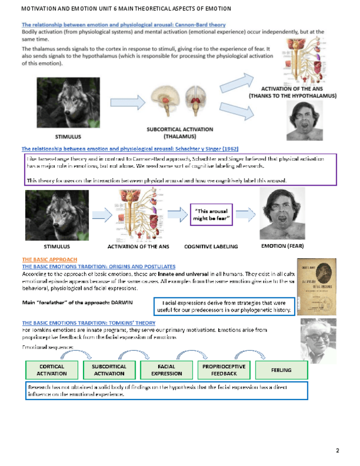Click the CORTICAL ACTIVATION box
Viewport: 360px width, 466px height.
[x=52, y=370]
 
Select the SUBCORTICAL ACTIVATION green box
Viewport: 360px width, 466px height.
[x=109, y=370]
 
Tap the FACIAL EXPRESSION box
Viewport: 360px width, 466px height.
[x=167, y=370]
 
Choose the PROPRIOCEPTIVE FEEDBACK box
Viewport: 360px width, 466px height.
[x=224, y=370]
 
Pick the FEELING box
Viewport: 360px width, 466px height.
[x=281, y=370]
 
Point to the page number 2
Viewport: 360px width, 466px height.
[x=337, y=451]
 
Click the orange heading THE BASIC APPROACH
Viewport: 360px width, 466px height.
[x=49, y=259]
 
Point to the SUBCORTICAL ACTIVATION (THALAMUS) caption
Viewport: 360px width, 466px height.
[x=172, y=132]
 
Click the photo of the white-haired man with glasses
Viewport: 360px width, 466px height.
[x=318, y=337]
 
